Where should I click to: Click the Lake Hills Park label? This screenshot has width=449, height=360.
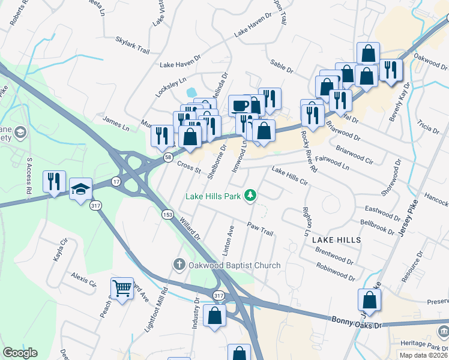tap(213, 196)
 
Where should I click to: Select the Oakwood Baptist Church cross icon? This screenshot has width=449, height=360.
tap(179, 265)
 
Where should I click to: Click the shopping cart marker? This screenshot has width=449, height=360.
tap(122, 289)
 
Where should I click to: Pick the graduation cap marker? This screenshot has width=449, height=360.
tap(80, 189)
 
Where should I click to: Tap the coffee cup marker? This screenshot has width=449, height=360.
tap(240, 105)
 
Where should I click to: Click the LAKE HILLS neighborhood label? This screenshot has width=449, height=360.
tap(336, 239)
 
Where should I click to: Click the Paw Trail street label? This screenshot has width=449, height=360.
tap(260, 229)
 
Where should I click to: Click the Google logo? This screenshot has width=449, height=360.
tap(20, 353)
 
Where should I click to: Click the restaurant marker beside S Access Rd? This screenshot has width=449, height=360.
tap(53, 182)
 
